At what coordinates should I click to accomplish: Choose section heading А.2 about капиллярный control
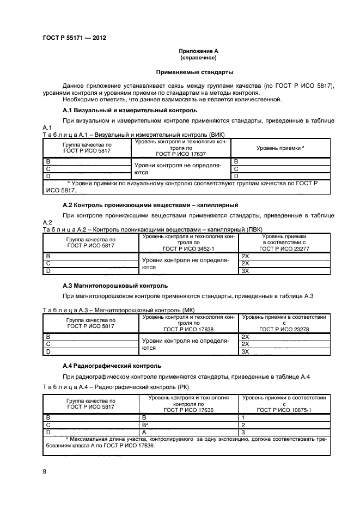pyautogui.click(x=150, y=205)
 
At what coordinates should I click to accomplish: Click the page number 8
pyautogui.click(x=45, y=471)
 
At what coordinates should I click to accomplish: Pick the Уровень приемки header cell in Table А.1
pyautogui.click(x=280, y=148)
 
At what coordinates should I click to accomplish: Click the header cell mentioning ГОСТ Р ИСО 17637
pyautogui.click(x=184, y=148)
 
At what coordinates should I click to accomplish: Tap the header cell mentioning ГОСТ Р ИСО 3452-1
pyautogui.click(x=188, y=242)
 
